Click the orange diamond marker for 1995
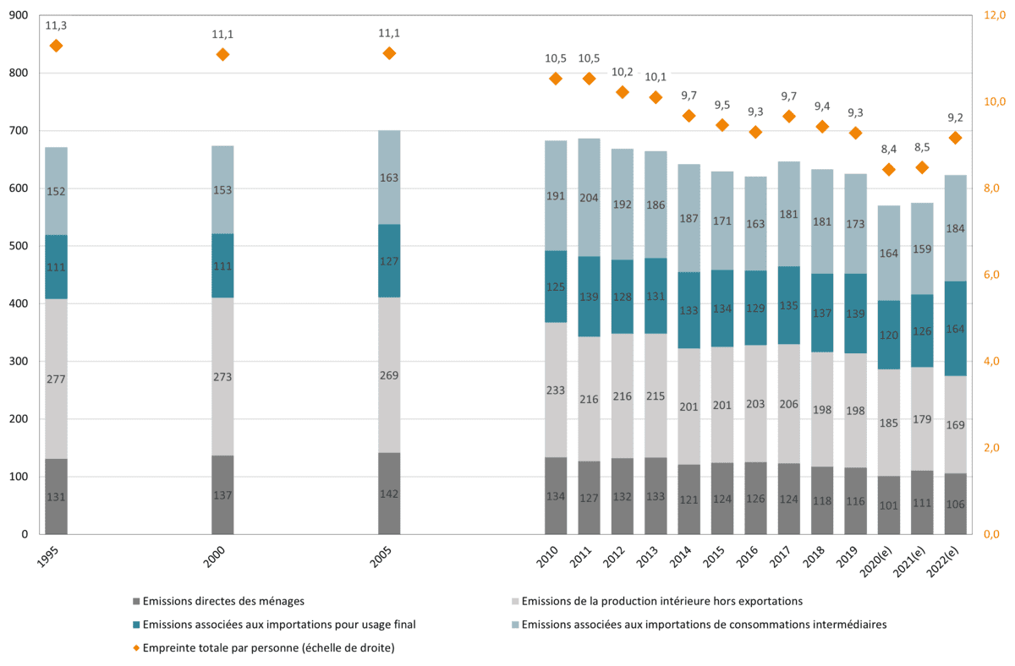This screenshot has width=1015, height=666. click(x=56, y=46)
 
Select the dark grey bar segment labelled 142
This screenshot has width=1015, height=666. click(x=389, y=494)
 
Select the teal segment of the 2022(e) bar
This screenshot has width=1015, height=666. click(x=955, y=329)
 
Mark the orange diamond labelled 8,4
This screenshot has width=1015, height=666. click(x=888, y=170)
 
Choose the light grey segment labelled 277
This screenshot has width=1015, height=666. click(x=56, y=379)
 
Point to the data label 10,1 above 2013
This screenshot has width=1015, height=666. click(x=656, y=77)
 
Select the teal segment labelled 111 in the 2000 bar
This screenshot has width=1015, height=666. click(x=222, y=266)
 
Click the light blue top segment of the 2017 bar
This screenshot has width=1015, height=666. click(x=788, y=214)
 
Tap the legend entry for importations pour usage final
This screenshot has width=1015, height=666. click(x=280, y=625)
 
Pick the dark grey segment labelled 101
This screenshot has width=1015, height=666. click(x=888, y=505)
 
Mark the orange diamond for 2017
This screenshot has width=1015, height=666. click(x=788, y=117)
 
